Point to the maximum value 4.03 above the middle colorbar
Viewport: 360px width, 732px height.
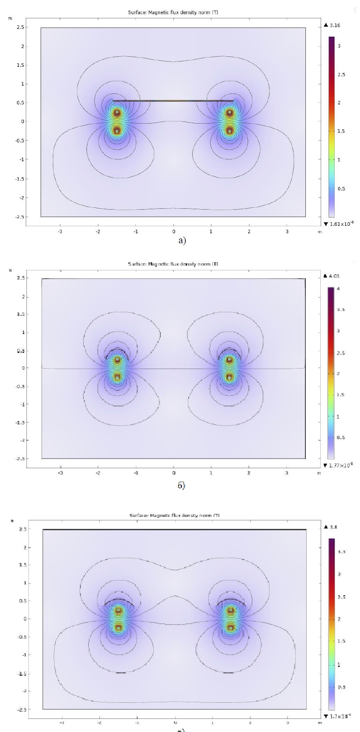click(x=333, y=276)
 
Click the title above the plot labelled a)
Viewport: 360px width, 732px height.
click(x=173, y=13)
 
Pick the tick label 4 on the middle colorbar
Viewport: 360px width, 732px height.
click(x=339, y=289)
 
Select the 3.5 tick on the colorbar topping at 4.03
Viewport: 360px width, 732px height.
click(x=340, y=310)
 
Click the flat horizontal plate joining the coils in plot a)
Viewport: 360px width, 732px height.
click(x=173, y=101)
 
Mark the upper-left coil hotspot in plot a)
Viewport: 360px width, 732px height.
click(x=117, y=112)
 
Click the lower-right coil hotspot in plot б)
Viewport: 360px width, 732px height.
click(x=229, y=376)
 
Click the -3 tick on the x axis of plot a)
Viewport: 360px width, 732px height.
click(x=60, y=231)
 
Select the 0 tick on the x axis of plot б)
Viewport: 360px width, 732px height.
click(x=173, y=473)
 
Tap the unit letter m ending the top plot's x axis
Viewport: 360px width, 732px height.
click(x=319, y=232)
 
